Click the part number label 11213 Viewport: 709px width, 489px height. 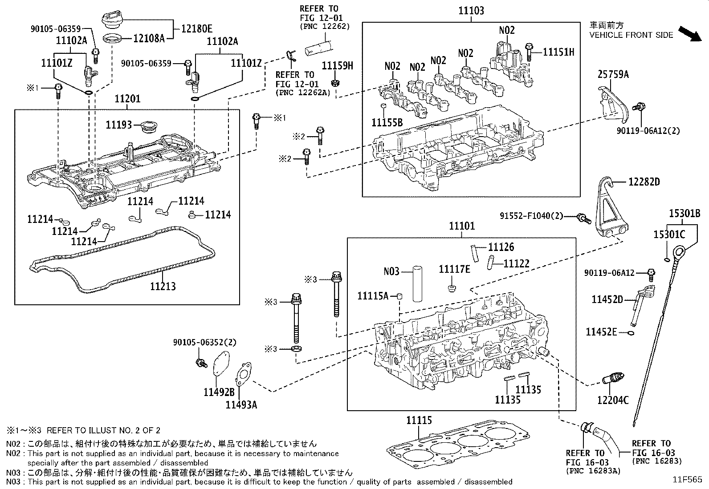tap(163, 286)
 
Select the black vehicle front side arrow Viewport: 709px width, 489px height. tap(689, 34)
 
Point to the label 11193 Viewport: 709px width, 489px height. tap(119, 125)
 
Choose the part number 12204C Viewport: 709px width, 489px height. tap(613, 400)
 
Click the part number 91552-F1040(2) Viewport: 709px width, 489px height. tap(531, 216)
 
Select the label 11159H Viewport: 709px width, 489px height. tap(337, 66)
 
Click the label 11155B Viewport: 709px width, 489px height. tap(387, 122)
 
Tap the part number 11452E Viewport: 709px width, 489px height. tap(601, 331)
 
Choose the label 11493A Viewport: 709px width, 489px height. tap(241, 404)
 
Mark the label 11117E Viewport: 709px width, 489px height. tap(454, 269)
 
